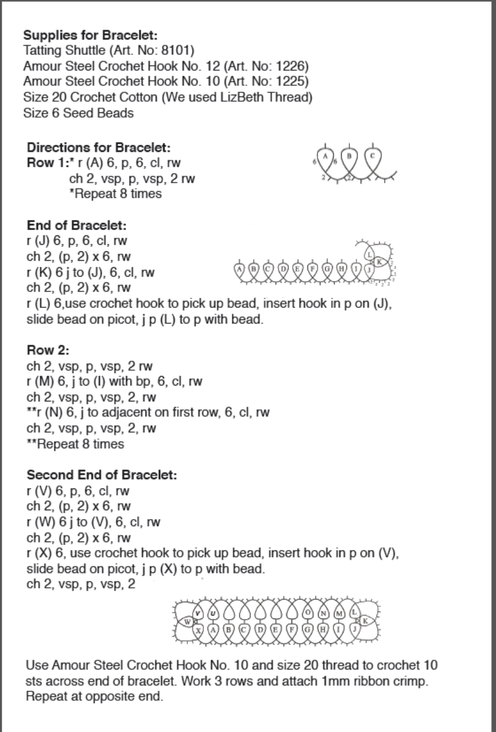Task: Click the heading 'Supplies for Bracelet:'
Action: pyautogui.click(x=90, y=35)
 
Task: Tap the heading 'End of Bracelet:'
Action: pyautogui.click(x=77, y=226)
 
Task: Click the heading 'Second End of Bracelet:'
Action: pyautogui.click(x=102, y=475)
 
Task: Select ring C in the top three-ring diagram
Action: pyautogui.click(x=372, y=156)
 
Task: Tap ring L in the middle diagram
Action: pyautogui.click(x=369, y=254)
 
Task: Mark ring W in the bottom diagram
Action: pyautogui.click(x=187, y=621)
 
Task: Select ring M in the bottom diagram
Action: pyautogui.click(x=339, y=613)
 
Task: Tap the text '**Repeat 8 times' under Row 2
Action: pyautogui.click(x=76, y=444)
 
